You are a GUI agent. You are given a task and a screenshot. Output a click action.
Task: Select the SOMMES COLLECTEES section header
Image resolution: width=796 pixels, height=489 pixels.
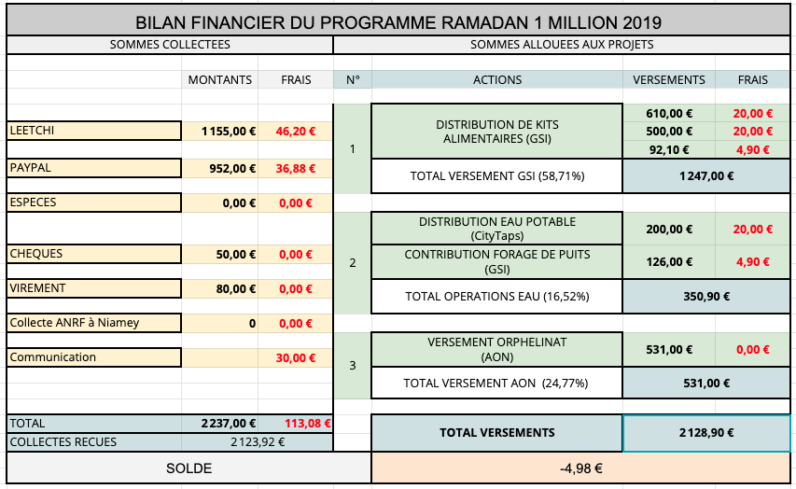point(170,44)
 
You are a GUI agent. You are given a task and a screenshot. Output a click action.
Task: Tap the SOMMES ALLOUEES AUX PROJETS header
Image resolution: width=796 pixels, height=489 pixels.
point(562,44)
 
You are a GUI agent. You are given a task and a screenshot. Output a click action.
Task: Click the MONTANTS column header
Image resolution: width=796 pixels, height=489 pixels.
point(220,79)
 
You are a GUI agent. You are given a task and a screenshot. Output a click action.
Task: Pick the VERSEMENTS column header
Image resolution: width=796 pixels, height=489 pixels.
point(669,79)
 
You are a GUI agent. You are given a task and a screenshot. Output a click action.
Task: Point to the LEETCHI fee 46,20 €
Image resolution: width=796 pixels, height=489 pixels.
point(295,132)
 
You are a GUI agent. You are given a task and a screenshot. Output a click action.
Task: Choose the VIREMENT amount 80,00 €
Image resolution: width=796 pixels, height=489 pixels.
point(234,289)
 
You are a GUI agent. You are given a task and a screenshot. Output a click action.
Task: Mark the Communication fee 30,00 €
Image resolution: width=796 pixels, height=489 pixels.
point(296,358)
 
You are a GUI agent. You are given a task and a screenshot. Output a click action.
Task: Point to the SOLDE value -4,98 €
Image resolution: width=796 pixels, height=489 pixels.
point(581,468)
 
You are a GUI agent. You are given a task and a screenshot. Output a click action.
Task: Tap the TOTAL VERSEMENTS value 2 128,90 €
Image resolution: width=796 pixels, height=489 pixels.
point(705,433)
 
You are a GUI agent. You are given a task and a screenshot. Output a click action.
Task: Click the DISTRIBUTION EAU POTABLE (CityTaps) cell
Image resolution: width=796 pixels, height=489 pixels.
point(497,230)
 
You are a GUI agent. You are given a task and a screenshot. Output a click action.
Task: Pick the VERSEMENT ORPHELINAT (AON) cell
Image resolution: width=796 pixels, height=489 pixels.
point(497,350)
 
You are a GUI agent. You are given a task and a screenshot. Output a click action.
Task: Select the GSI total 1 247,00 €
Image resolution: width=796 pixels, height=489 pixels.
point(705,175)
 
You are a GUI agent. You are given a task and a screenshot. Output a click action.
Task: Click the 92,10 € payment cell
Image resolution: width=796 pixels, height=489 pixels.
point(668,149)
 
